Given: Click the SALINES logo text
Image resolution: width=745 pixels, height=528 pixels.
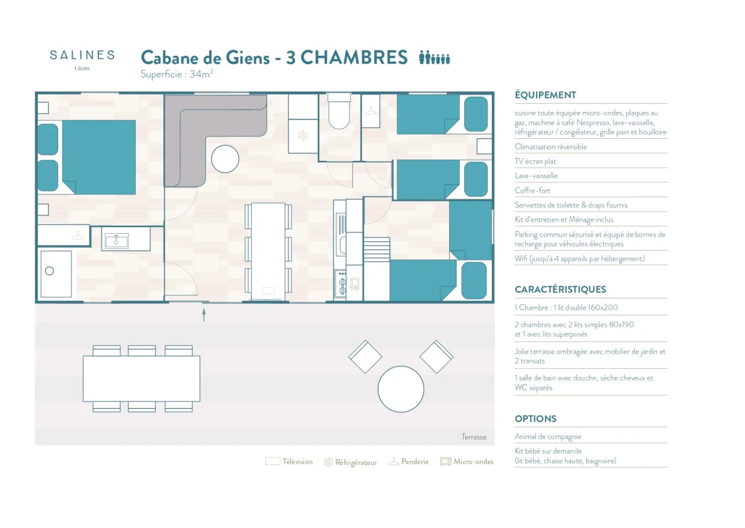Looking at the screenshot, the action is pos(82,55).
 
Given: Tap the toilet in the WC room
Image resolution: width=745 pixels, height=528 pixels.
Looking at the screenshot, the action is pos(339,111).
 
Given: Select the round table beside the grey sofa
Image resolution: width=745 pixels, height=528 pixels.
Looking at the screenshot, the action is pos(225,159).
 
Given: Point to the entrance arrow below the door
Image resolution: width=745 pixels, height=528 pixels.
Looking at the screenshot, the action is pos(204,315).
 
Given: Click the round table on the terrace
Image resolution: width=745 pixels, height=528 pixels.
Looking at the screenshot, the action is pos(401,389).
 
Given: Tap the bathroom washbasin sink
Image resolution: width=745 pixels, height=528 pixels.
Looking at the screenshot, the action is pos(116,240).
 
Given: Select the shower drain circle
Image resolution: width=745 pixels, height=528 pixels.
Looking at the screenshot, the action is pos(49,271).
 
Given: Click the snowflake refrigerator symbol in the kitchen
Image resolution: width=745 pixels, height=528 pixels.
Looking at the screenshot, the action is pos(303,136).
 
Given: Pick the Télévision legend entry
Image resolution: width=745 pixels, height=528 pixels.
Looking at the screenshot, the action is pos(289,462).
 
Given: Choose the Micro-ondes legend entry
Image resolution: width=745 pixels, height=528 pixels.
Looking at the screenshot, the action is pos(467,462).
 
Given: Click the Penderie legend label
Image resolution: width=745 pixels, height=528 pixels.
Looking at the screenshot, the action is pos(415,462).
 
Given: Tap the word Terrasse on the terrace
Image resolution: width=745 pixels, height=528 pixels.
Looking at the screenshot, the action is pos(474,437).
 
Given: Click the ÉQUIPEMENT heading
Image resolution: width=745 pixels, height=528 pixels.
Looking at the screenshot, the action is pos(545,95).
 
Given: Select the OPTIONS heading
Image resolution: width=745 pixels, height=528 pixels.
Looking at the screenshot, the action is pos(535,419).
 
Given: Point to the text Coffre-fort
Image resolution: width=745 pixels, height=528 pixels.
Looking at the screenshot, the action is pos(533,191).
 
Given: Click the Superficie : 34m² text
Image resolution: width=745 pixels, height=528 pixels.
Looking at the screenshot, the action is pos(176,74).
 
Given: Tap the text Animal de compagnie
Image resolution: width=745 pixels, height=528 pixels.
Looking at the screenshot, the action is pos(548,437).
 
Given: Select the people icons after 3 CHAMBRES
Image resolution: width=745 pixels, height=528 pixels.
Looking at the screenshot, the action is pos(434,57).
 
